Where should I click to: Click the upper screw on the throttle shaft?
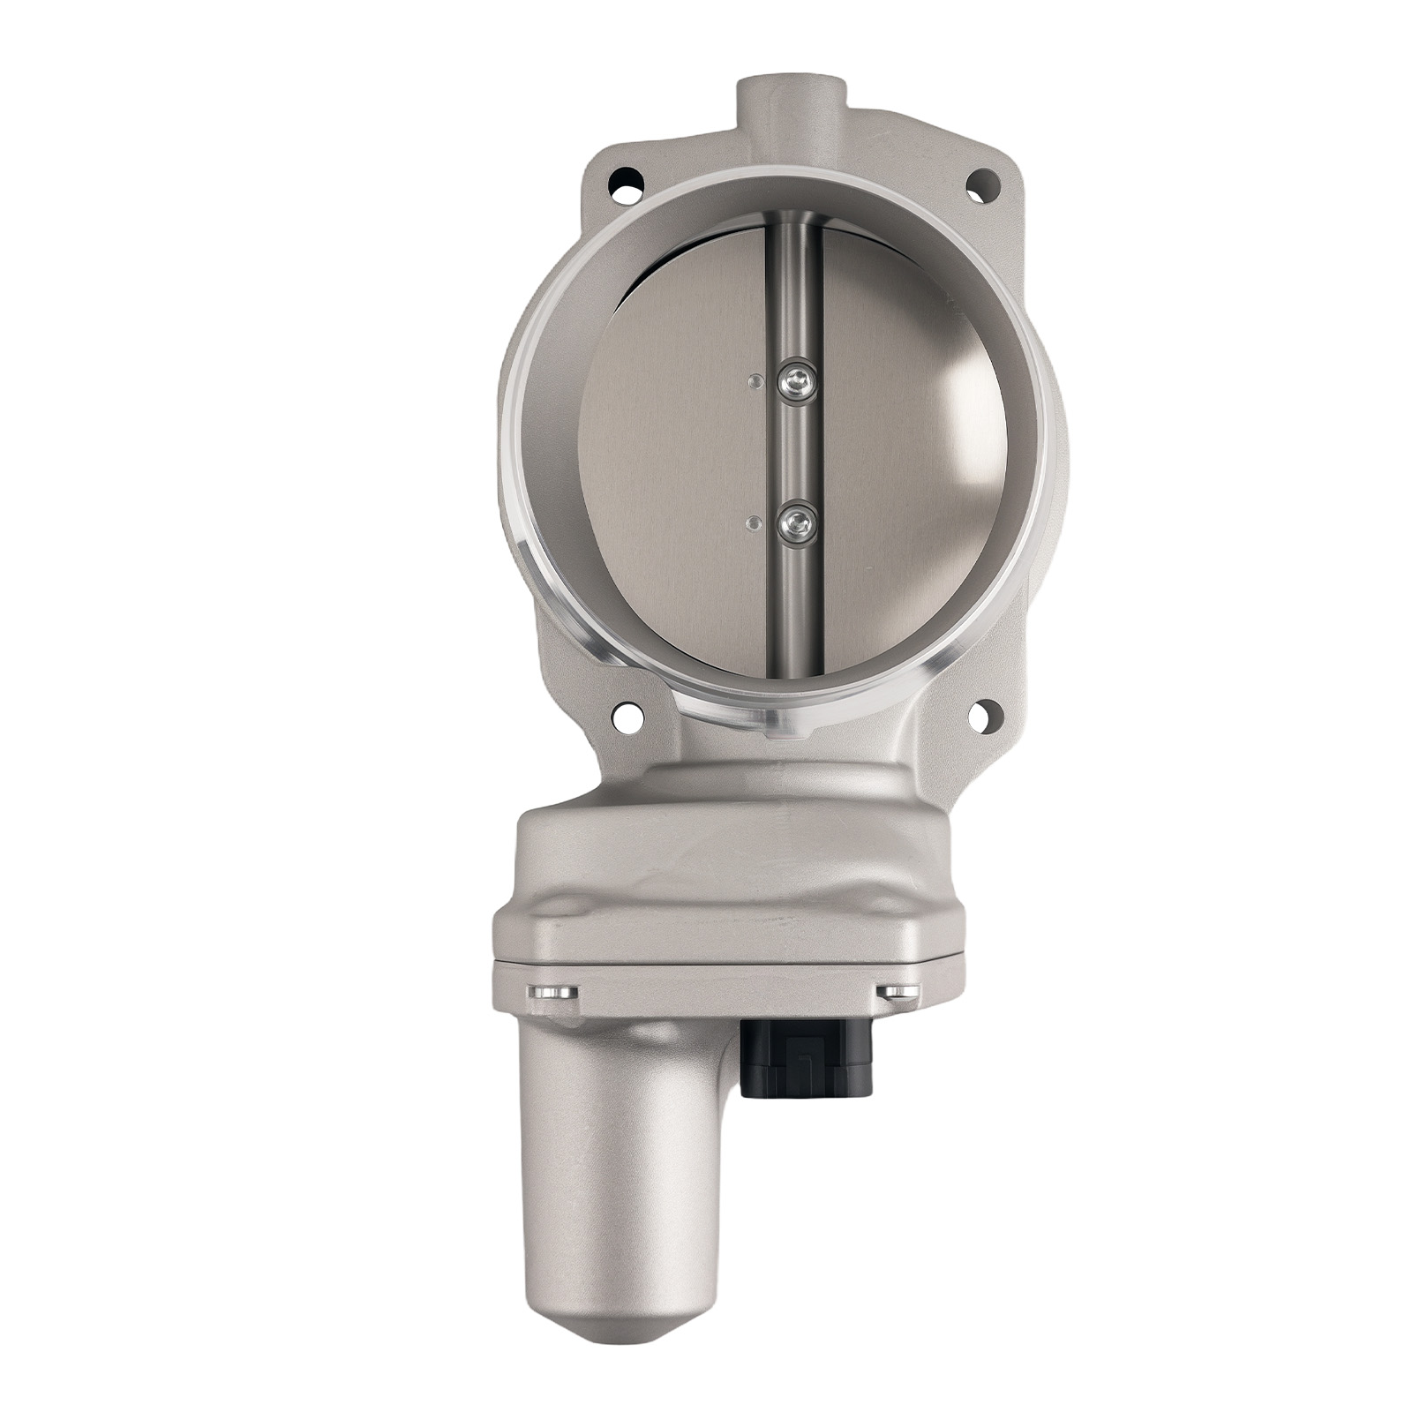pyautogui.click(x=796, y=382)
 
